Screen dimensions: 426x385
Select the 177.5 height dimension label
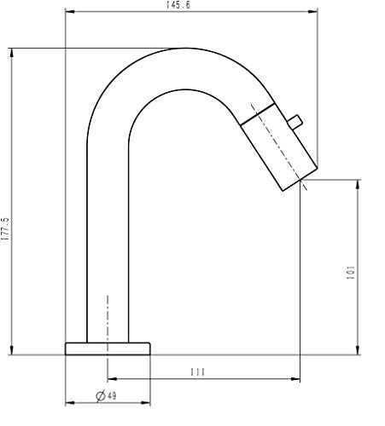6,231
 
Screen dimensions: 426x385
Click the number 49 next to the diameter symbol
113,395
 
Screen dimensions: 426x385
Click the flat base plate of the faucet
108,348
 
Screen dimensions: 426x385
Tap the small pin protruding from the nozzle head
295,123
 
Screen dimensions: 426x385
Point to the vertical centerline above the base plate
108,315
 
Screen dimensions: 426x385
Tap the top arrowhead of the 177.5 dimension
12,51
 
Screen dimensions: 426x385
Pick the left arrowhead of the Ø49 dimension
69,403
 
